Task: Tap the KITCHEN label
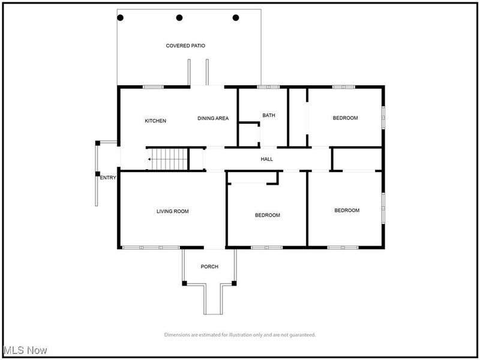tap(155, 121)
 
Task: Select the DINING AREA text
tap(213, 118)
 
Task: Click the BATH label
tap(268, 115)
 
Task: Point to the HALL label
tap(267, 159)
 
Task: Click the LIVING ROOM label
tap(173, 211)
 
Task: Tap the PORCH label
tap(209, 266)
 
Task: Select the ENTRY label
tap(108, 178)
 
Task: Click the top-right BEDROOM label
tap(345, 118)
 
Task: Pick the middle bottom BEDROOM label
tap(267, 215)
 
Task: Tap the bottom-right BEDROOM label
tap(347, 211)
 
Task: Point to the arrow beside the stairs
tap(148, 159)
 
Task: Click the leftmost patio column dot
tap(120, 18)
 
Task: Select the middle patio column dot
tap(179, 18)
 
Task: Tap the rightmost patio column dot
tap(236, 18)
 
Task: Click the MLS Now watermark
tap(25, 350)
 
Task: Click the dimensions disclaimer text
tap(239, 335)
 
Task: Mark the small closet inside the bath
tap(248, 134)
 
